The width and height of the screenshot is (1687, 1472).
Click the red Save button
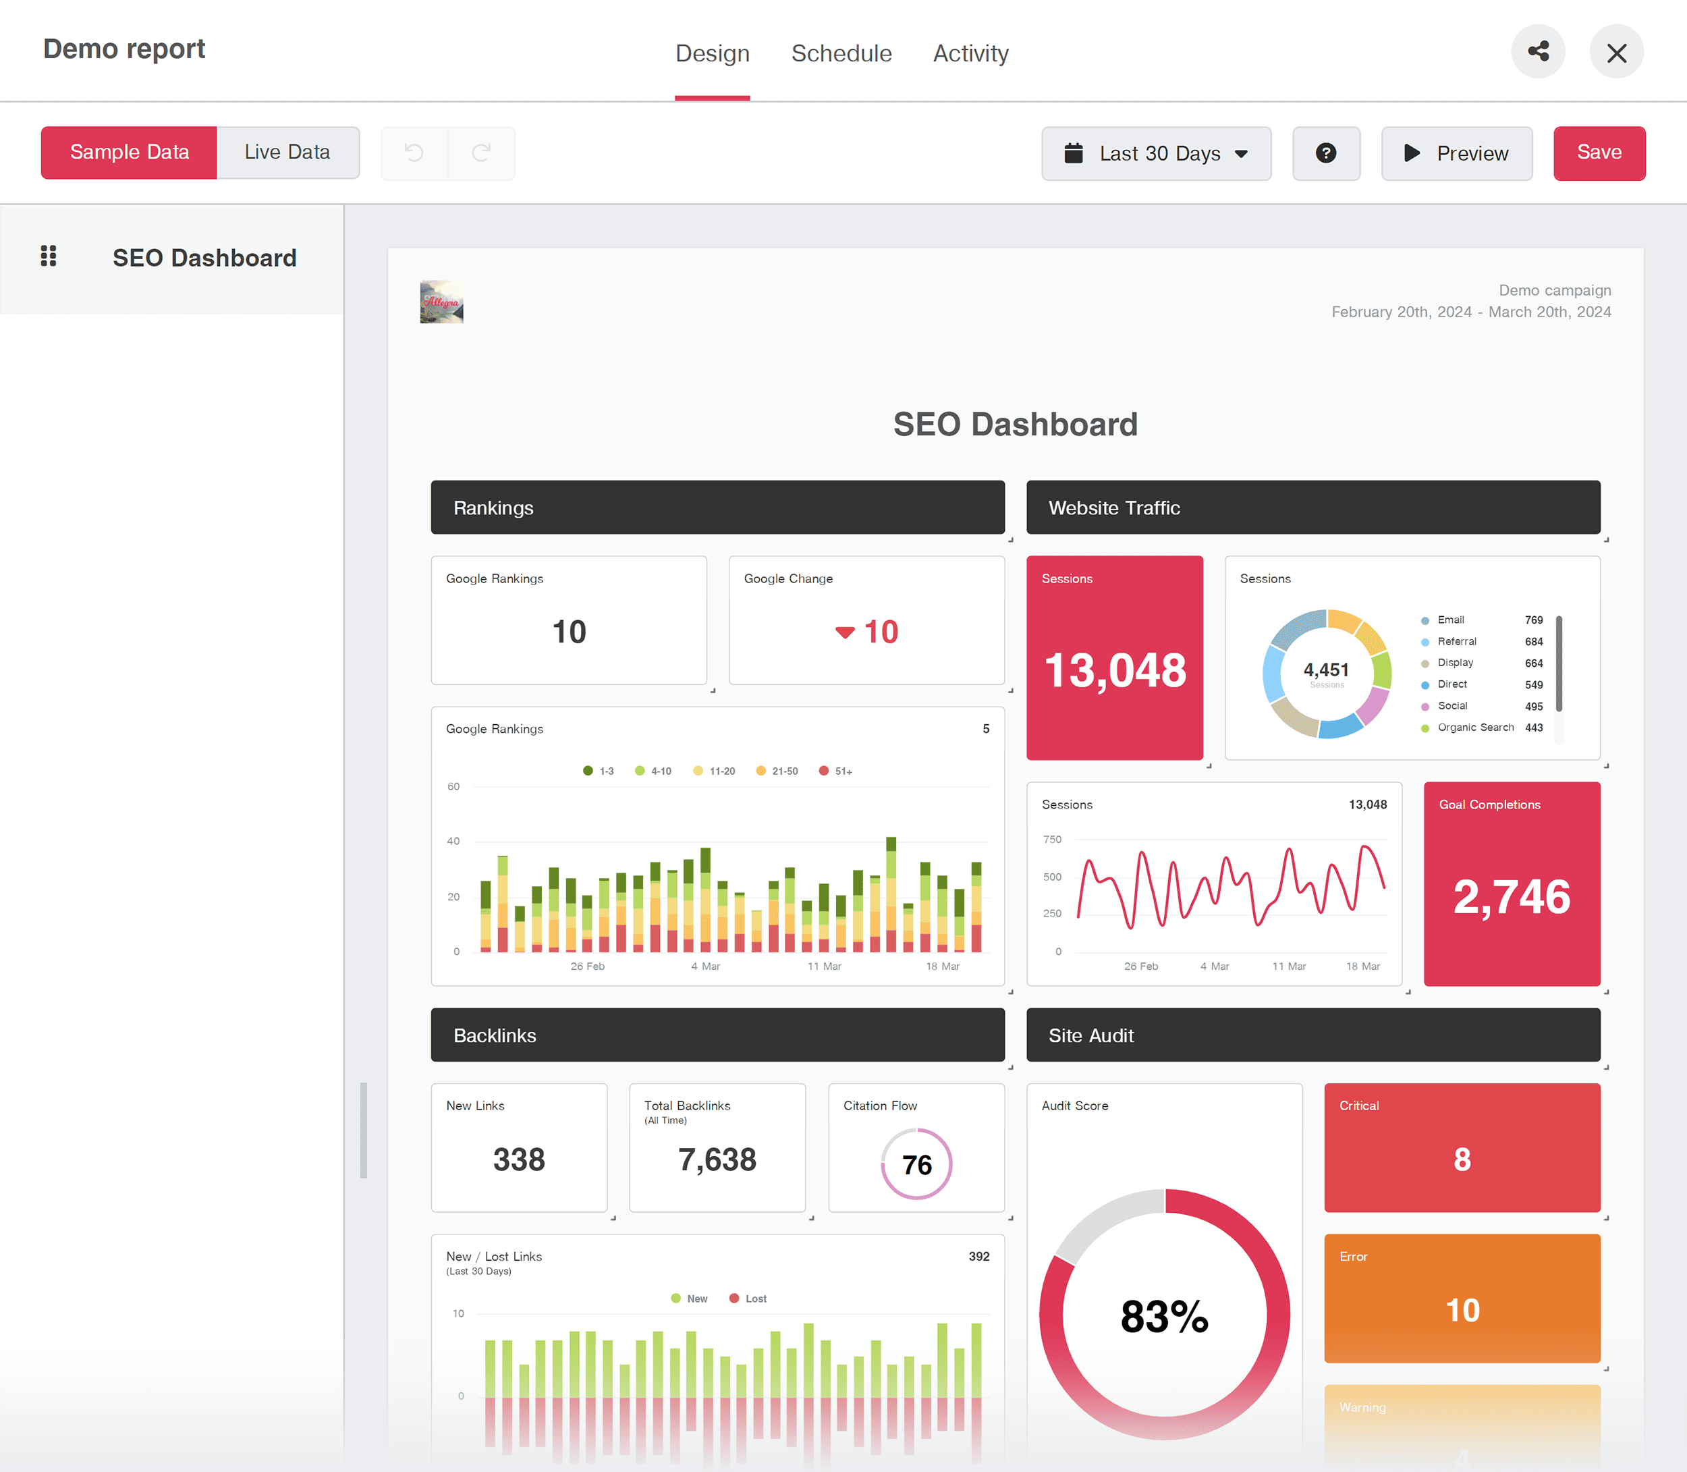click(x=1599, y=153)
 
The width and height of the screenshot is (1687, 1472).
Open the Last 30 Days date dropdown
click(x=1156, y=154)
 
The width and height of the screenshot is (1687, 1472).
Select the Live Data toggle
click(x=287, y=153)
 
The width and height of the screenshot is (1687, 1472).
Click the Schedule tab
click(x=841, y=53)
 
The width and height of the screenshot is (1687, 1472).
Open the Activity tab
click(x=970, y=53)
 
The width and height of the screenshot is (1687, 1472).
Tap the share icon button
click(x=1537, y=52)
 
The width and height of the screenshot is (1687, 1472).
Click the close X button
click(x=1615, y=53)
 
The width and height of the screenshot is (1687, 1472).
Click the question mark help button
click(x=1325, y=154)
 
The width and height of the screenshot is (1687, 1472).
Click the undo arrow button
click(x=414, y=153)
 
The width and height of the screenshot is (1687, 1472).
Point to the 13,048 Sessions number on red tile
click(x=1115, y=670)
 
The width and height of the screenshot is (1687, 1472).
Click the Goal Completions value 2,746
click(x=1512, y=896)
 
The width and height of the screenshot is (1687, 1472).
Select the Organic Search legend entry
click(x=1475, y=728)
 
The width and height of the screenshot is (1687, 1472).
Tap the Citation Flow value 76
click(x=916, y=1164)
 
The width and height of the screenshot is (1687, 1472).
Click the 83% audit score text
click(x=1164, y=1317)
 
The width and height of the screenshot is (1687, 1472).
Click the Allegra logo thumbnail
click(x=442, y=302)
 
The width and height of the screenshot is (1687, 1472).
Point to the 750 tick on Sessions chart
click(x=1052, y=840)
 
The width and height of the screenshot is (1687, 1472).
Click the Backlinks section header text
click(x=495, y=1036)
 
